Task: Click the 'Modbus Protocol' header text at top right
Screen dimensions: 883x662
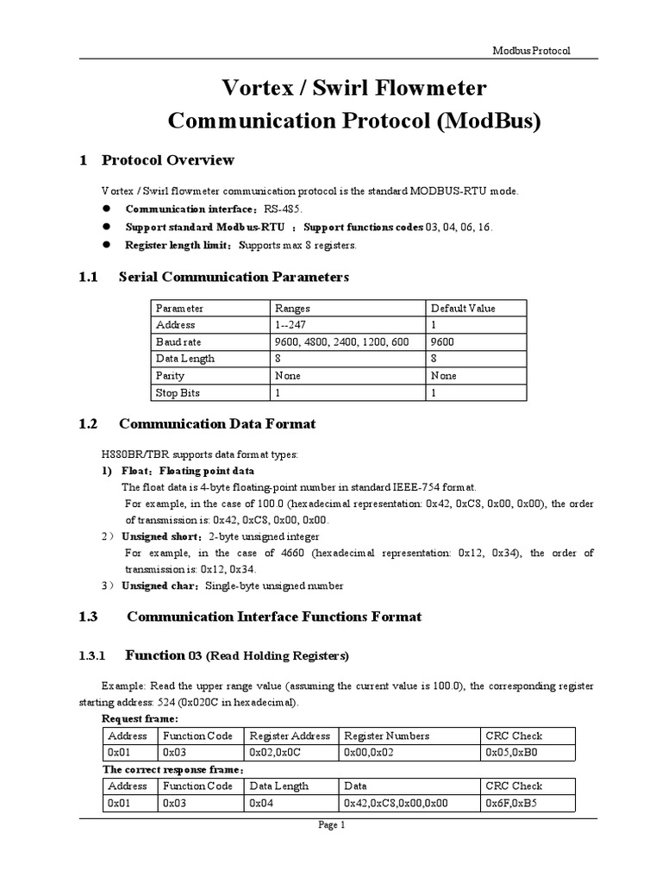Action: coord(531,51)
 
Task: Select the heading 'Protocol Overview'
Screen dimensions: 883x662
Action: coord(167,160)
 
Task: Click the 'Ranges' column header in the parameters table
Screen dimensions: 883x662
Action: coord(292,308)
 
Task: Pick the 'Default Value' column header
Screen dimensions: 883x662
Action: coord(463,308)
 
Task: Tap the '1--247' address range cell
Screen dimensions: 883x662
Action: coord(290,325)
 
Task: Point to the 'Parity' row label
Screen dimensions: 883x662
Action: coord(170,376)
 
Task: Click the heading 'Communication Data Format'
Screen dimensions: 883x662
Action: coord(217,423)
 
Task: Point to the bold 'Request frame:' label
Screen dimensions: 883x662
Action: coord(141,718)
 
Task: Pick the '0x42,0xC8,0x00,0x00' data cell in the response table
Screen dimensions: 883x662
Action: coord(396,802)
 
